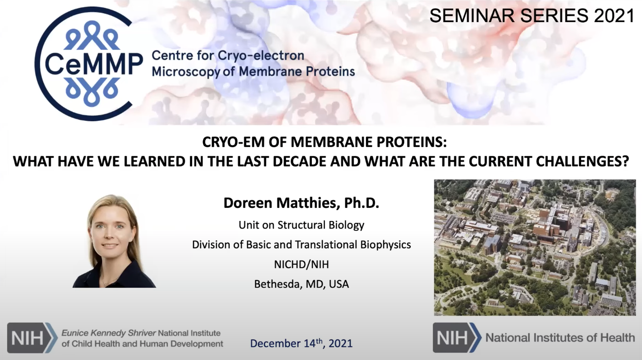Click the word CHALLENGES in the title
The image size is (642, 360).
(x=577, y=162)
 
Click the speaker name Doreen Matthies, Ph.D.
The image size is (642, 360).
(x=301, y=203)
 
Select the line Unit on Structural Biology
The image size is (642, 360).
(x=301, y=225)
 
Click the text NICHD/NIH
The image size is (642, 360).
(x=301, y=264)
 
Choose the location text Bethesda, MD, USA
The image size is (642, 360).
(x=301, y=284)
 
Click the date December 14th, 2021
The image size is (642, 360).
(x=301, y=343)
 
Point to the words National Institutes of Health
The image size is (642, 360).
(x=560, y=337)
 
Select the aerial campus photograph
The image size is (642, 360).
(x=535, y=247)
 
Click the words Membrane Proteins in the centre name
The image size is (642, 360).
(x=297, y=72)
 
